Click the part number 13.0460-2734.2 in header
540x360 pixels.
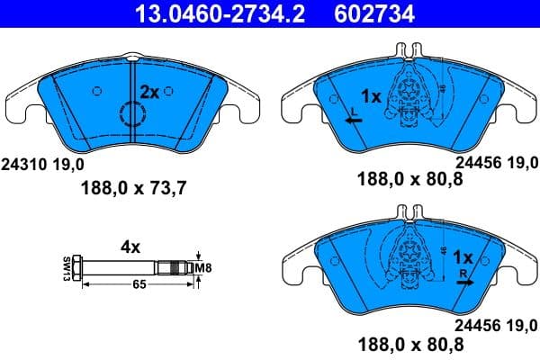click(x=196, y=13)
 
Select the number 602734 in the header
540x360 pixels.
click(x=348, y=13)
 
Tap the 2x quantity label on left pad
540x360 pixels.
click(x=149, y=92)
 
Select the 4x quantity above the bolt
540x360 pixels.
click(x=131, y=244)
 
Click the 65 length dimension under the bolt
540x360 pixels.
click(x=138, y=284)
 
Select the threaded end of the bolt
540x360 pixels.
click(x=175, y=267)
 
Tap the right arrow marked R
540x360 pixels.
click(x=463, y=281)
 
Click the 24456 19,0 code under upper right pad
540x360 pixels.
click(x=497, y=164)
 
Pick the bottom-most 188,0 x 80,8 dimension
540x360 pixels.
click(x=410, y=343)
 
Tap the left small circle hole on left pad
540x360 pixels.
click(x=97, y=90)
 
